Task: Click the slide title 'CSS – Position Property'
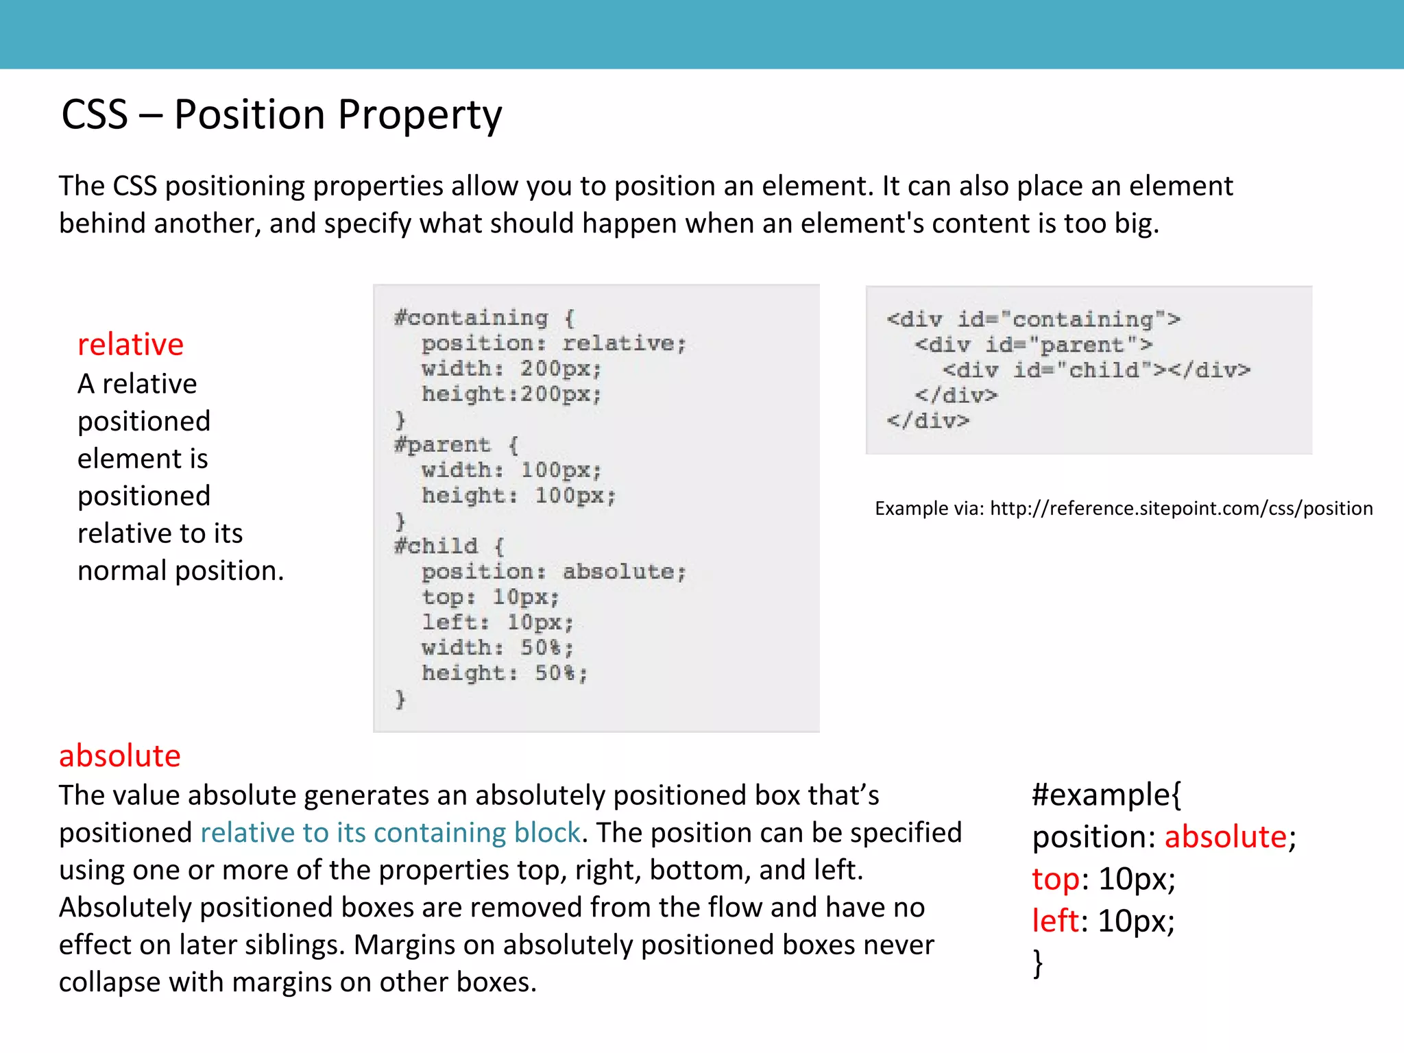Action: pos(281,114)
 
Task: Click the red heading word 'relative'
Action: pos(130,344)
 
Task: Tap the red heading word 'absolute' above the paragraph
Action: pos(119,755)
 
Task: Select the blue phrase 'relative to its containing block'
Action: pos(390,832)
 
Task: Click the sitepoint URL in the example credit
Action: pos(1181,508)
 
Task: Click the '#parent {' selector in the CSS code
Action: pos(456,445)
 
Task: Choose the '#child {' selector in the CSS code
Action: pos(449,546)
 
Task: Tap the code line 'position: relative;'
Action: pos(553,343)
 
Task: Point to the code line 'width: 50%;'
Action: pos(497,647)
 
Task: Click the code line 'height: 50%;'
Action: pos(504,673)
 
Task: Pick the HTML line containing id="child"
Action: pos(1096,370)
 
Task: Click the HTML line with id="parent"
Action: pos(1033,345)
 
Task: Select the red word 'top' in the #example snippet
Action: pos(1056,878)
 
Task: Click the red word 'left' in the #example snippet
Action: pos(1056,920)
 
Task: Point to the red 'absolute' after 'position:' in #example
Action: pos(1225,836)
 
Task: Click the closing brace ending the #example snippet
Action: pos(1038,963)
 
